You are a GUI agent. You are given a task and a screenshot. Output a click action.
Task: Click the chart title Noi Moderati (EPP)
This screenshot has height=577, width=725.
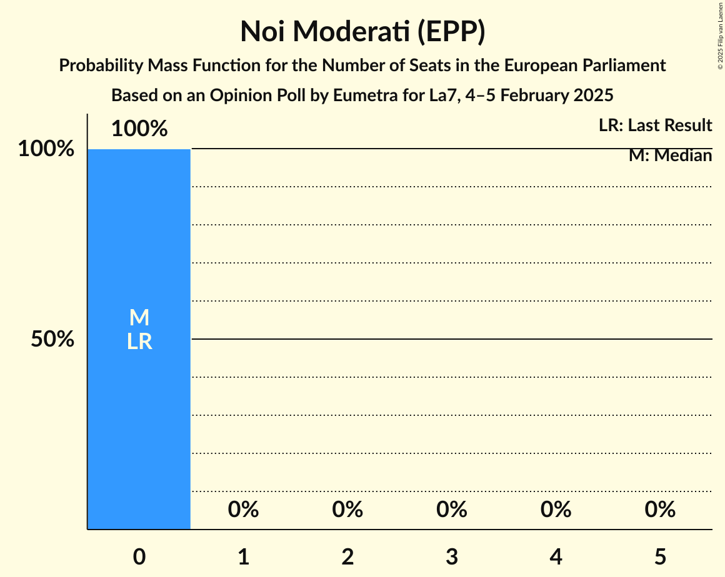point(362,32)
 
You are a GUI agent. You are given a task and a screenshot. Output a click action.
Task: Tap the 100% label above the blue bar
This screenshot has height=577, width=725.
point(139,129)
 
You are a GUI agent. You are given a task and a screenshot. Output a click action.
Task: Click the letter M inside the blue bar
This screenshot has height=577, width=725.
point(139,318)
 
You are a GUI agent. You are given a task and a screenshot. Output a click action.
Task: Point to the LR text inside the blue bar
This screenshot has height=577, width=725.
point(139,342)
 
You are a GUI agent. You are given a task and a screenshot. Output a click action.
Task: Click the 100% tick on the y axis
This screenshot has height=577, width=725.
point(46,149)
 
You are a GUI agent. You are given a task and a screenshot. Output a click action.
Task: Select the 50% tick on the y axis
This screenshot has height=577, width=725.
point(52,340)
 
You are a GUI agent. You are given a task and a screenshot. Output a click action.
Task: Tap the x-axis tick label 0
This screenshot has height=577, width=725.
point(139,556)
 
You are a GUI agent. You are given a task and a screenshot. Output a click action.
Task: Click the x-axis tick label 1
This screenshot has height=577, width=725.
point(244,556)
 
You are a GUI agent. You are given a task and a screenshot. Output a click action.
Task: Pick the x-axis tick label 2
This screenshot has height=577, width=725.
point(347,556)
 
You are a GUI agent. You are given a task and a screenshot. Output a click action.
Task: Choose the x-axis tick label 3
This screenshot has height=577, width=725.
point(452,556)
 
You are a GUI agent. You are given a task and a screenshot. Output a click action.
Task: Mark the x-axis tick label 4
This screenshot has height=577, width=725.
point(556,556)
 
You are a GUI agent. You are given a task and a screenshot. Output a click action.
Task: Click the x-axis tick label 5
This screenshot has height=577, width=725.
point(660,556)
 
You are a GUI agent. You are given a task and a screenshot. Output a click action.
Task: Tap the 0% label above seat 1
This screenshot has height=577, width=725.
point(244,510)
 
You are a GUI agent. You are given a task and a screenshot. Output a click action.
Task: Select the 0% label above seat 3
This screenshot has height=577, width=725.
point(452,510)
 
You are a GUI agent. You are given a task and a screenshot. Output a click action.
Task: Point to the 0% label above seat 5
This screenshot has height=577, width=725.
point(660,510)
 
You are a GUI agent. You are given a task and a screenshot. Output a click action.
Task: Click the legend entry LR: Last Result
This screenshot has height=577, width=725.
point(655,126)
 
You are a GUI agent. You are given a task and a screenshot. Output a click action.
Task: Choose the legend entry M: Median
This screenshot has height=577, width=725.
point(670,155)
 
